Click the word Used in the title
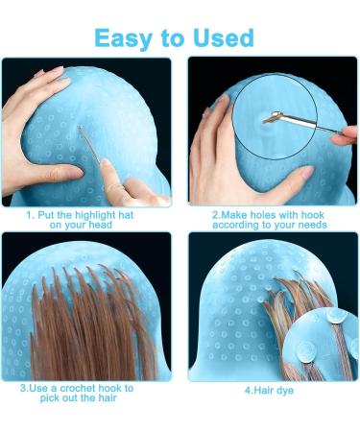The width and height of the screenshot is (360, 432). (222, 37)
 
